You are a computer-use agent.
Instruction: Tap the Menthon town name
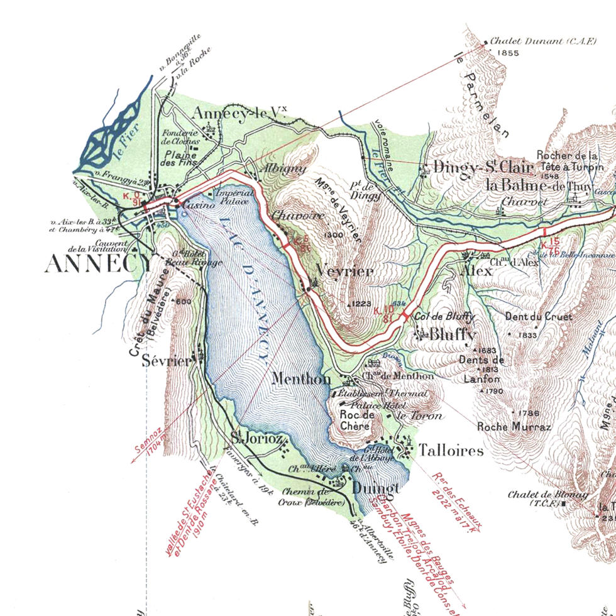click(x=302, y=379)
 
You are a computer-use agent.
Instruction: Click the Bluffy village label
click(x=452, y=334)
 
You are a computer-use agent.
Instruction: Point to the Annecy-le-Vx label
click(x=238, y=114)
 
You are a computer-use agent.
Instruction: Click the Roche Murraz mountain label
click(x=514, y=427)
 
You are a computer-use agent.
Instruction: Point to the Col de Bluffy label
click(x=444, y=317)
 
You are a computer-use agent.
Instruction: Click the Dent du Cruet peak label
click(x=539, y=317)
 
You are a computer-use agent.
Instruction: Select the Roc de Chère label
click(x=357, y=420)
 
